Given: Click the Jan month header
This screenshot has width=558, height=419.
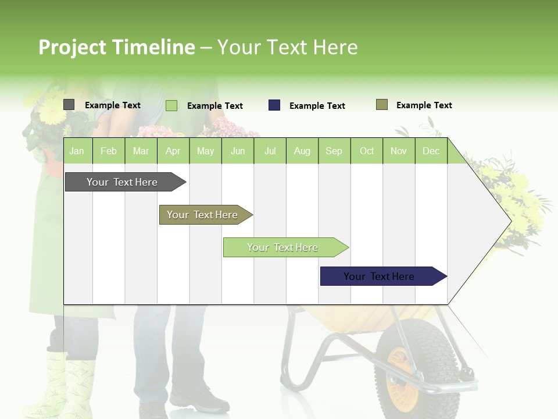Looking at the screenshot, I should pyautogui.click(x=77, y=151).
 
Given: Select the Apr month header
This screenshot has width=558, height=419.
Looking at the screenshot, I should pyautogui.click(x=173, y=151).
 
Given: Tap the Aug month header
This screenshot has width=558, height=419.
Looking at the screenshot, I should pyautogui.click(x=302, y=151).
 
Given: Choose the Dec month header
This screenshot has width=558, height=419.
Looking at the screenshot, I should pyautogui.click(x=431, y=151).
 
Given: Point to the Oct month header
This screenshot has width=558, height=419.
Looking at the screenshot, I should pyautogui.click(x=367, y=151).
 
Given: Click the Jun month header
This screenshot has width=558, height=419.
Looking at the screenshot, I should pyautogui.click(x=238, y=151).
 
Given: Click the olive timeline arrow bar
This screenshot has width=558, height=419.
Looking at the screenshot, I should pyautogui.click(x=203, y=215).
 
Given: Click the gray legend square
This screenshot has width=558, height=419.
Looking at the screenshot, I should pyautogui.click(x=69, y=105).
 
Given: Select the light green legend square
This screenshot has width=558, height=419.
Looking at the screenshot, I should pyautogui.click(x=171, y=105).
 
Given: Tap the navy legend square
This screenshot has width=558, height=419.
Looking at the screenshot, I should pyautogui.click(x=274, y=105).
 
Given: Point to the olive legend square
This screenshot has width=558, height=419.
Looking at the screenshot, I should pyautogui.click(x=382, y=105).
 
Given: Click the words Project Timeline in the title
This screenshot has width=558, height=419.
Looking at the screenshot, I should pyautogui.click(x=117, y=47).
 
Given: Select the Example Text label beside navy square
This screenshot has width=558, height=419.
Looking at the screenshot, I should pyautogui.click(x=317, y=106).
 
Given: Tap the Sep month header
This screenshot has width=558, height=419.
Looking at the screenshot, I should pyautogui.click(x=334, y=151).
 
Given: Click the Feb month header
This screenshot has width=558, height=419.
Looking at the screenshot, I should pyautogui.click(x=109, y=151).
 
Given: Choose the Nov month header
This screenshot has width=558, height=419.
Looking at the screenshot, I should pyautogui.click(x=399, y=151).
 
